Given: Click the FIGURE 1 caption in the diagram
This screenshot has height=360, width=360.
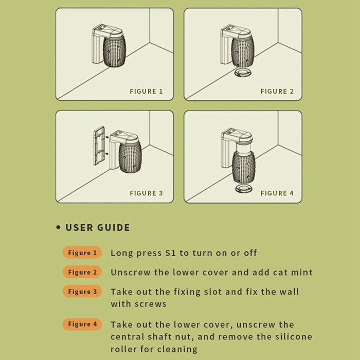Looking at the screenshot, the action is tap(146, 92).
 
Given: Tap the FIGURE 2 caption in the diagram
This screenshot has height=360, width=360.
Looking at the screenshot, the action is tap(277, 92).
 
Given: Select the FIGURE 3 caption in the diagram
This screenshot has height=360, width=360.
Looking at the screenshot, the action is tap(146, 193).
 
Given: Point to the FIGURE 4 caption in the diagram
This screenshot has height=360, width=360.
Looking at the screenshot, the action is tap(277, 193).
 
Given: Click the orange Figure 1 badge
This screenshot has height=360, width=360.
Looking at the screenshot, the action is tap(82, 253).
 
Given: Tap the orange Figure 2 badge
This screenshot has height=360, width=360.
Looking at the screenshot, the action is tap(82, 272).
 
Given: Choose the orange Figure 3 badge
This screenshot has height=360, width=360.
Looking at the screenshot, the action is tap(82, 292).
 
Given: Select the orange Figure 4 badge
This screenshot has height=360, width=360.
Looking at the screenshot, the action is tap(82, 324).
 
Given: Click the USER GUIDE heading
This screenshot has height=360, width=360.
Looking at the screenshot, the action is tap(98, 227).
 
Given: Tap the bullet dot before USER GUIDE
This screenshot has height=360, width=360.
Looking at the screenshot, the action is tap(59, 227).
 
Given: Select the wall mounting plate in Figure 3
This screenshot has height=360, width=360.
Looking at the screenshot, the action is tap(99, 146).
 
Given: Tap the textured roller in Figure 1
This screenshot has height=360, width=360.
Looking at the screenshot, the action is tap(114, 51).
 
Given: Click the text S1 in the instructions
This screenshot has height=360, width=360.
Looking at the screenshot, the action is tap(171, 253).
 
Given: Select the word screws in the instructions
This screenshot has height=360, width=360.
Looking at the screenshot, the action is tap(150, 304).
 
